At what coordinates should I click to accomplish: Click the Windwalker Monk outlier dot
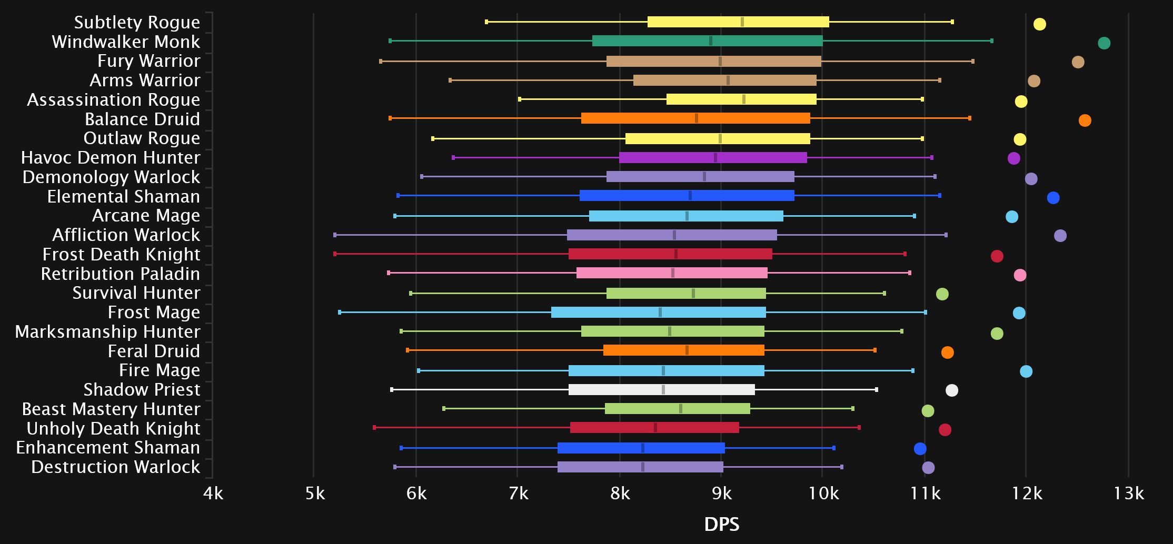(1104, 43)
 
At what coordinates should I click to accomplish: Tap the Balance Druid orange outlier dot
(1085, 120)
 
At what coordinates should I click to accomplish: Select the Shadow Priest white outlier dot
(951, 390)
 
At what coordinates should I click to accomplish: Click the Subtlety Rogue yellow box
(738, 22)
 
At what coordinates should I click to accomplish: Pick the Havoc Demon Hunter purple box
(713, 157)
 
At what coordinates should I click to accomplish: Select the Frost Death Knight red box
(670, 254)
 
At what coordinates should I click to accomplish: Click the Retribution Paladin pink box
(672, 273)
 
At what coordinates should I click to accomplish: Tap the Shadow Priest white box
(661, 390)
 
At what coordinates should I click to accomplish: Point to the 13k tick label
(1129, 493)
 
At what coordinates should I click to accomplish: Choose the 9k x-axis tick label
(722, 493)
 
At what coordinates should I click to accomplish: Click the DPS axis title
(722, 524)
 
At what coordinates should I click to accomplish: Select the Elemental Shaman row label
(124, 196)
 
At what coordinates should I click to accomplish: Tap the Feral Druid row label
(154, 351)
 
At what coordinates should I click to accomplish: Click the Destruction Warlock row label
(116, 467)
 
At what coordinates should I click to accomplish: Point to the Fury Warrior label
(149, 61)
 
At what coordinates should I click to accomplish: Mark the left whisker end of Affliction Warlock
(335, 235)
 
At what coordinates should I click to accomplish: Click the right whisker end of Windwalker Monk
(992, 41)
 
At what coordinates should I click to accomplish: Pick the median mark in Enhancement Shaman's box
(643, 448)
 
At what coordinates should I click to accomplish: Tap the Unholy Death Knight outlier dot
(945, 430)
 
